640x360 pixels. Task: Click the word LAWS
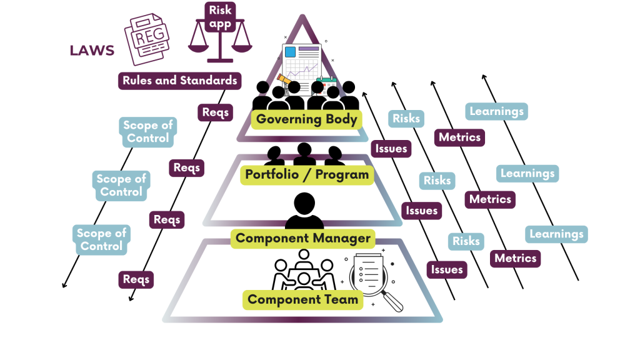92,51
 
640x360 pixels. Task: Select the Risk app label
220,17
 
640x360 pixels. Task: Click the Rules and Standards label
180,81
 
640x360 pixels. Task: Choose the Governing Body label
307,119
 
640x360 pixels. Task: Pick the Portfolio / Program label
307,175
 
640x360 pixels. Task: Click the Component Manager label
303,238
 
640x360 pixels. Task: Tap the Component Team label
303,299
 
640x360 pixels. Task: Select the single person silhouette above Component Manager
304,211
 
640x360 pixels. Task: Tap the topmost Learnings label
497,112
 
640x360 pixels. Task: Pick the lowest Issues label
447,269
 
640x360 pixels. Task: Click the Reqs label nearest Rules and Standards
216,112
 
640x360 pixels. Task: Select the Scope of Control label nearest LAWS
148,132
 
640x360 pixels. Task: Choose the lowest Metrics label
516,258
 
